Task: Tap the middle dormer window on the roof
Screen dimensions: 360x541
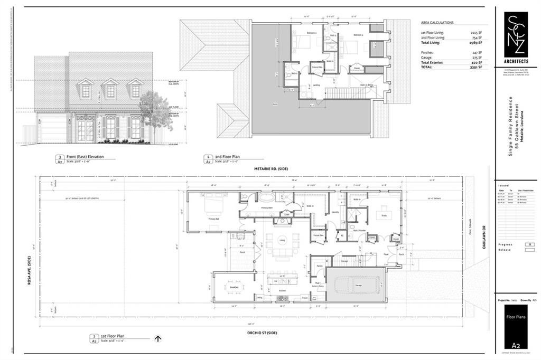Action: click(x=110, y=90)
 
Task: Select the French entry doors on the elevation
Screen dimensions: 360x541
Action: click(x=86, y=129)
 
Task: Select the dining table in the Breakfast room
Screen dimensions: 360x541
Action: click(x=235, y=287)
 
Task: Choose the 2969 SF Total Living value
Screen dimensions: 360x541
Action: click(x=476, y=43)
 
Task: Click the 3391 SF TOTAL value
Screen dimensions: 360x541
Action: click(x=476, y=67)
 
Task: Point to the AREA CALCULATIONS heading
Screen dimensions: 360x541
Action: click(x=437, y=23)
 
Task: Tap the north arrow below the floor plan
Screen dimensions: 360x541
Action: click(x=157, y=339)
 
